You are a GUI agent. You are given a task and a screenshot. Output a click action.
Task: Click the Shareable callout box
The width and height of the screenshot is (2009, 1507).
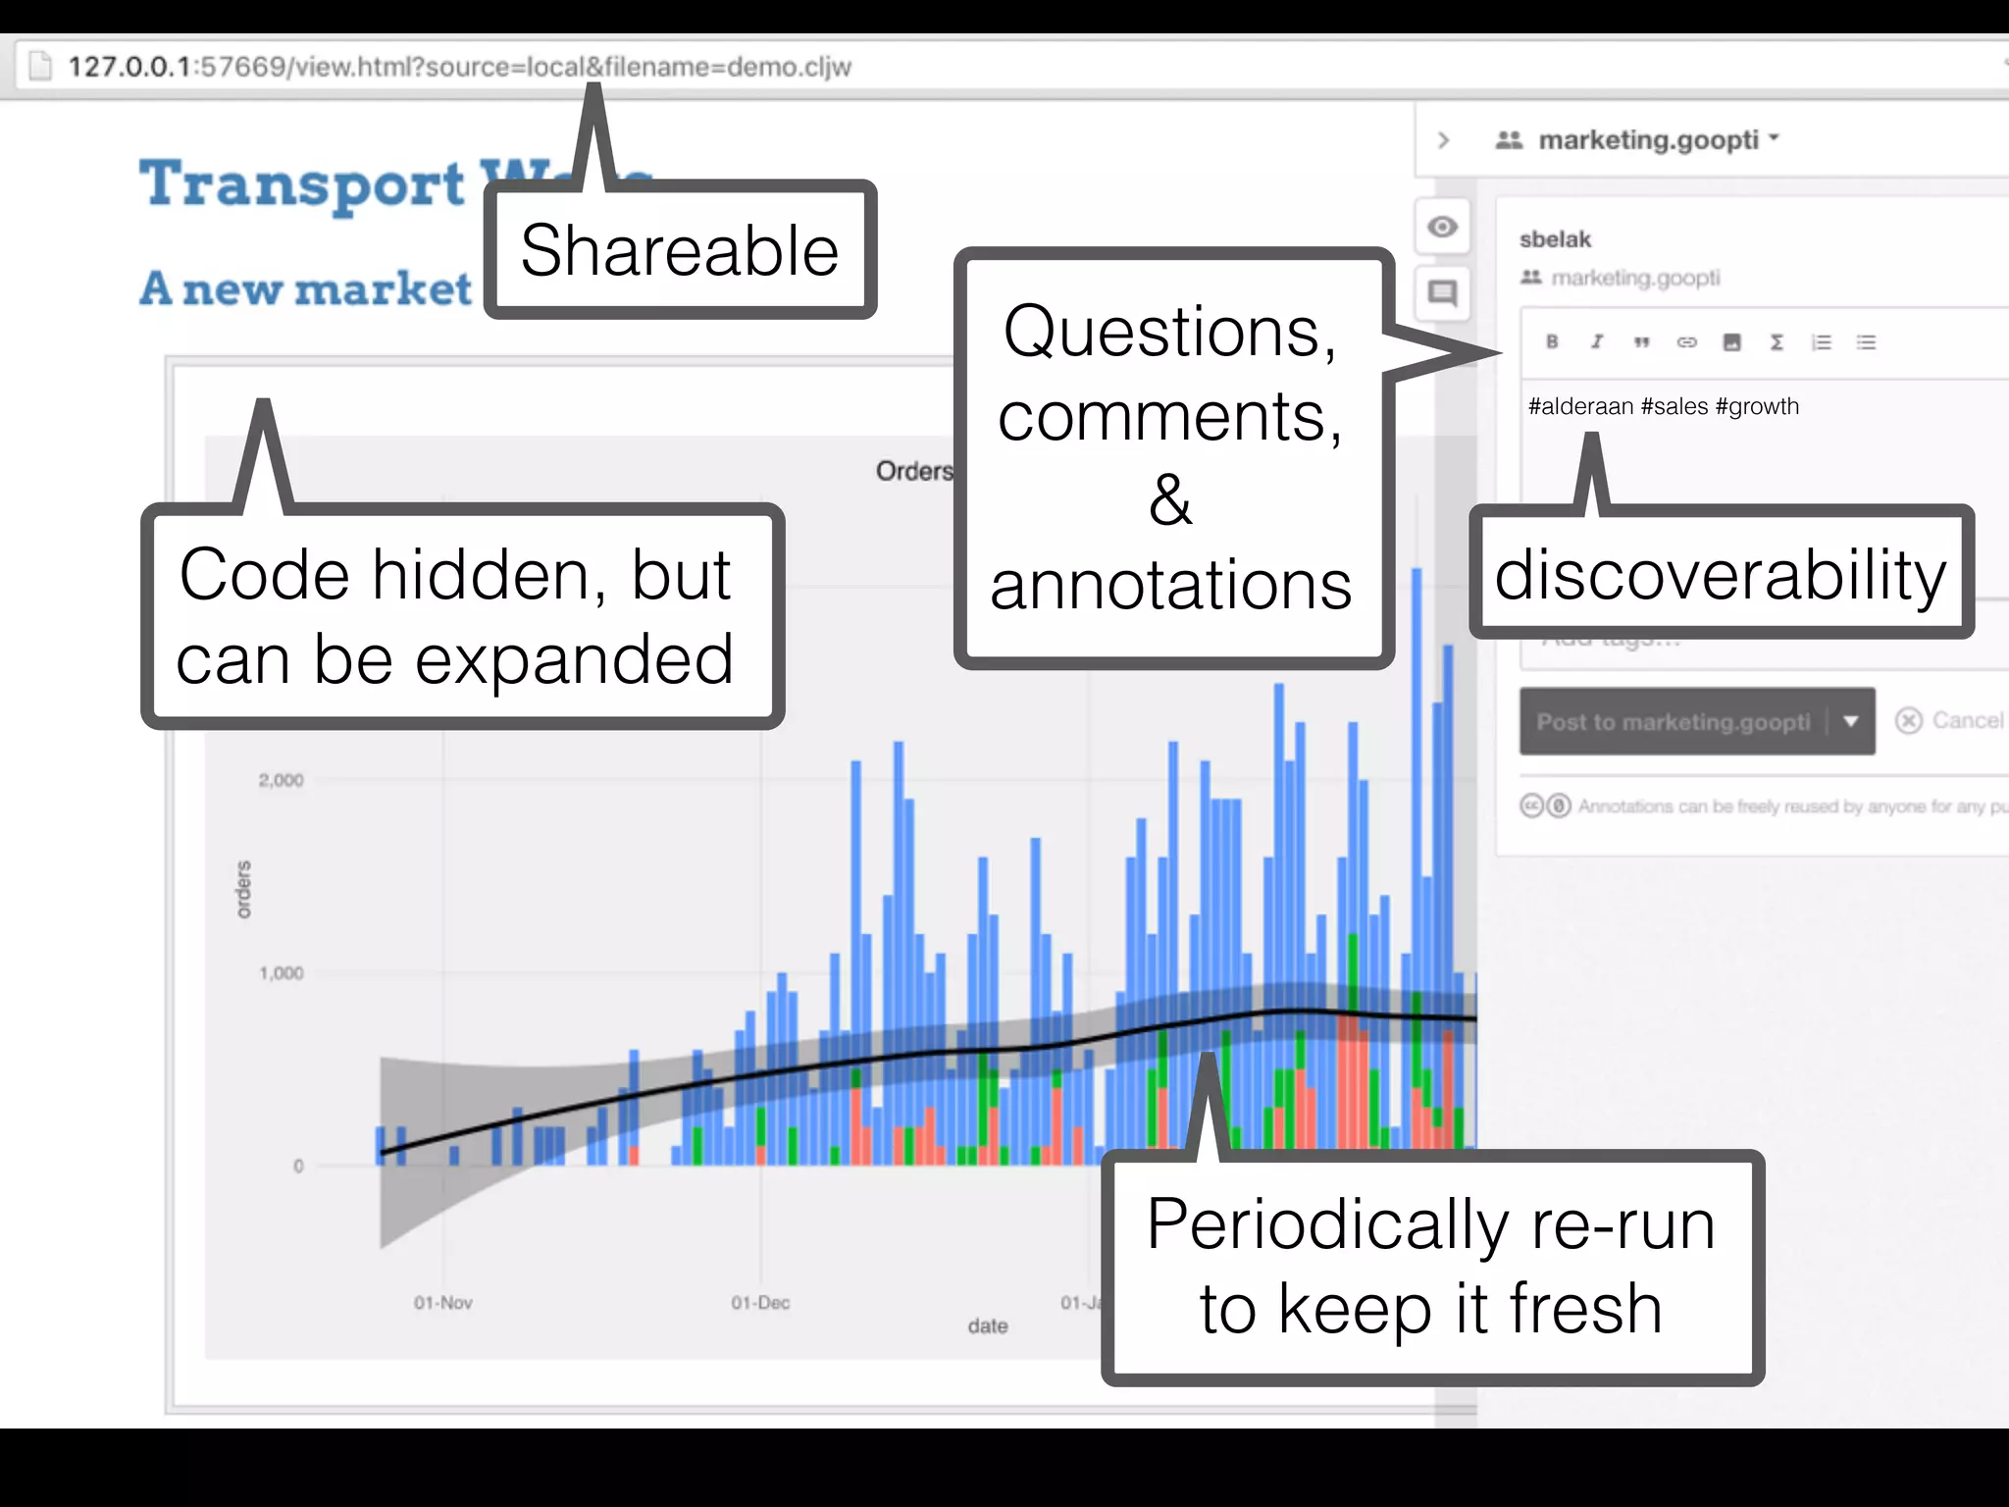pyautogui.click(x=680, y=250)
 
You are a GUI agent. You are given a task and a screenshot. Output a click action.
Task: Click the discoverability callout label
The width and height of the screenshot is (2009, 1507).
pyautogui.click(x=1721, y=574)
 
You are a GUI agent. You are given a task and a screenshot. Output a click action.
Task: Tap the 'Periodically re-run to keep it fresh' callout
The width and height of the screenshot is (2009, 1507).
pyautogui.click(x=1431, y=1267)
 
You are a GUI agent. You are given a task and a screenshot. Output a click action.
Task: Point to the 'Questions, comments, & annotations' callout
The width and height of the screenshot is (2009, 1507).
pyautogui.click(x=1172, y=458)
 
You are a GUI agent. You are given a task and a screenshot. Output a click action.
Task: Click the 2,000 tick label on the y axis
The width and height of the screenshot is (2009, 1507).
pyautogui.click(x=281, y=780)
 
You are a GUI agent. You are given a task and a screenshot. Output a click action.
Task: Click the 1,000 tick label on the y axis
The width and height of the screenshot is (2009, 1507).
pyautogui.click(x=281, y=973)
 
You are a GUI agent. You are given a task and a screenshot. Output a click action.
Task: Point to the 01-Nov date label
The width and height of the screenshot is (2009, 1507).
pyautogui.click(x=442, y=1303)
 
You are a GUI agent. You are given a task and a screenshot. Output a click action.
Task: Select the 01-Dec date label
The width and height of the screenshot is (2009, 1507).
pyautogui.click(x=760, y=1303)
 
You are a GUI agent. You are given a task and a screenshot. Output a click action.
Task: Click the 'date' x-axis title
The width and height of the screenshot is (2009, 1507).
pyautogui.click(x=987, y=1326)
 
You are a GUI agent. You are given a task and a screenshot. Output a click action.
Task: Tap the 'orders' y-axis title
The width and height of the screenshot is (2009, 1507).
pyautogui.click(x=243, y=889)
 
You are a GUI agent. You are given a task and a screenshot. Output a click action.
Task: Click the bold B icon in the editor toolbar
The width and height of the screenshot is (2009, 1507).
pyautogui.click(x=1552, y=341)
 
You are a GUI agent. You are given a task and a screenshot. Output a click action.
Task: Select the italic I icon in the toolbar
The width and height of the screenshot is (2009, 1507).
pyautogui.click(x=1597, y=341)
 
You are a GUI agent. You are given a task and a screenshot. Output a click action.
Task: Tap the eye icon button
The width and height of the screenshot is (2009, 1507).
pyautogui.click(x=1442, y=228)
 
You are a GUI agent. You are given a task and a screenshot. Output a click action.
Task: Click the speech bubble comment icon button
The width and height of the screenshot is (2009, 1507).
pyautogui.click(x=1442, y=292)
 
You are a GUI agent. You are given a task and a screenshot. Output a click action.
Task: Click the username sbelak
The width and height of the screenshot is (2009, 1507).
pyautogui.click(x=1555, y=239)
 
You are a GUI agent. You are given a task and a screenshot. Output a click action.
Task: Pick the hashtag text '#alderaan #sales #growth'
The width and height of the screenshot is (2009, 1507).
pyautogui.click(x=1664, y=406)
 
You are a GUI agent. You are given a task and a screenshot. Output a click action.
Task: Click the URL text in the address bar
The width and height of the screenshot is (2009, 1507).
pyautogui.click(x=459, y=67)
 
